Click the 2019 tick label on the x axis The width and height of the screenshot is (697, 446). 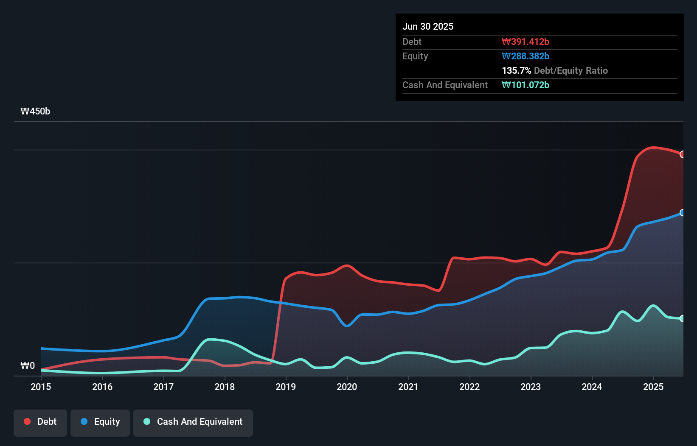286,387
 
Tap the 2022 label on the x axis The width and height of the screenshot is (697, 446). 469,387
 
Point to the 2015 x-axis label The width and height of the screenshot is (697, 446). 41,387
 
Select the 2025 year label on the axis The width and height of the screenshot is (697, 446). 653,387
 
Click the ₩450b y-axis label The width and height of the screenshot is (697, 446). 35,111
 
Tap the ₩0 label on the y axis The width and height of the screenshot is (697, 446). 28,365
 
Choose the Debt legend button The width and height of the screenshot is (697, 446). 40,422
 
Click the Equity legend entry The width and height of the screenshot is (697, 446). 100,422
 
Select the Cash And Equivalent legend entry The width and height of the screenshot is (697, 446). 193,422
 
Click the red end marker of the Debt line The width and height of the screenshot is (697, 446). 682,154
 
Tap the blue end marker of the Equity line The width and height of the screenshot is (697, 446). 682,213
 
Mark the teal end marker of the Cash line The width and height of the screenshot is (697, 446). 682,318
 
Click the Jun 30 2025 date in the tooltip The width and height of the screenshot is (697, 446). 428,26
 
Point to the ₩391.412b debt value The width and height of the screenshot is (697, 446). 526,42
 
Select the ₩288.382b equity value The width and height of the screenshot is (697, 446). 526,56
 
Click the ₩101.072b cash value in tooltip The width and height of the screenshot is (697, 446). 526,85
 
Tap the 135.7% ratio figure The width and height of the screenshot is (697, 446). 516,70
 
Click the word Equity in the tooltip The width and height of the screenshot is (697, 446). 415,56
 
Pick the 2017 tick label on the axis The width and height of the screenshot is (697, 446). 163,387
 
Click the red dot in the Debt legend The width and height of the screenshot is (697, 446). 27,421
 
